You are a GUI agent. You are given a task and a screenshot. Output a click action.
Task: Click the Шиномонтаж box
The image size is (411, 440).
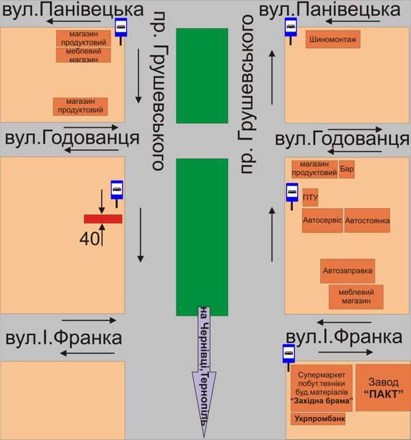pyautogui.click(x=333, y=40)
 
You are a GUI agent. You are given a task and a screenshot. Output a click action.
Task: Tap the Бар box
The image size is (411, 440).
pyautogui.click(x=347, y=168)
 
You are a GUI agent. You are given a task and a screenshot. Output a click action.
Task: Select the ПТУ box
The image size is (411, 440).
pyautogui.click(x=310, y=198)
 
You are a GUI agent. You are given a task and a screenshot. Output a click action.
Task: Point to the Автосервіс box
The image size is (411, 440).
pyautogui.click(x=322, y=220)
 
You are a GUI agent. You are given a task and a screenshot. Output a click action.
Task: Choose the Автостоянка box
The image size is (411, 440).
pyautogui.click(x=367, y=220)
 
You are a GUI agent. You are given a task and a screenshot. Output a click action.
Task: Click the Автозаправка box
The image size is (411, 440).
pyautogui.click(x=348, y=270)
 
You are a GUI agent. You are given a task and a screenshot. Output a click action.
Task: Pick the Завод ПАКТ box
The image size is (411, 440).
pyautogui.click(x=382, y=388)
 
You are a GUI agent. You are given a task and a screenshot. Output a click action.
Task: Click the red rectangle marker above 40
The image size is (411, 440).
pyautogui.click(x=103, y=219)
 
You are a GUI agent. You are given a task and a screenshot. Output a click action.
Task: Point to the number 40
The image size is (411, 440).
pyautogui.click(x=89, y=239)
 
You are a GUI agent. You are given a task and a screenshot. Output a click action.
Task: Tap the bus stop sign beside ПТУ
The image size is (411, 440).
pyautogui.click(x=291, y=192)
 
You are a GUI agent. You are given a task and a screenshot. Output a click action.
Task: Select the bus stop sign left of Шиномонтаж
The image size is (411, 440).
pyautogui.click(x=290, y=28)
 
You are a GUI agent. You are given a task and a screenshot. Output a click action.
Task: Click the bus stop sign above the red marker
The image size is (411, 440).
pyautogui.click(x=117, y=190)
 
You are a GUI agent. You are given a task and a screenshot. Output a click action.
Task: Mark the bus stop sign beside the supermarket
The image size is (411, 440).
pyautogui.click(x=288, y=354)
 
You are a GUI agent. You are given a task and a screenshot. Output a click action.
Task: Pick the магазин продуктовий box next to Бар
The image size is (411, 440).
pyautogui.click(x=314, y=168)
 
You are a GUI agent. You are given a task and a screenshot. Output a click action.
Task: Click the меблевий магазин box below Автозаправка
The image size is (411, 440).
pyautogui.click(x=356, y=297)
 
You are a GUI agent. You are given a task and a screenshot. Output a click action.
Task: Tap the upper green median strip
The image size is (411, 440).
pyautogui.click(x=201, y=75)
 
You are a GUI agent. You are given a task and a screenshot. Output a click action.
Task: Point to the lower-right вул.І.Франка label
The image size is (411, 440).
pyautogui.click(x=343, y=337)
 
